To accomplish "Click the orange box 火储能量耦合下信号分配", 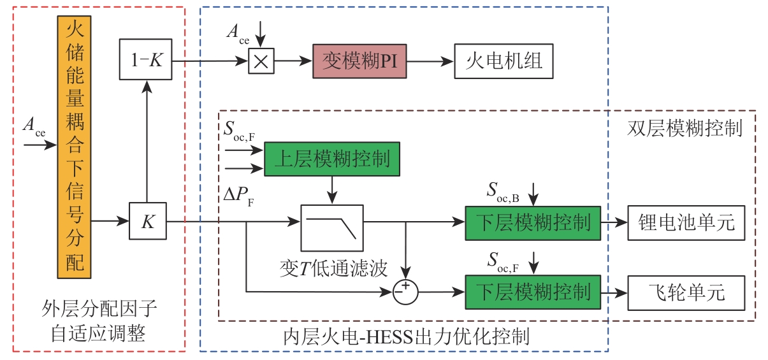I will [75, 146].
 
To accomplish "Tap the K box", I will [147, 222].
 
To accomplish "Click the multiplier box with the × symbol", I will [258, 62].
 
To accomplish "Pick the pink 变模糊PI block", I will [359, 61].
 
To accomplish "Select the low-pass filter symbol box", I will [331, 227].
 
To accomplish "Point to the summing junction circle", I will [406, 292].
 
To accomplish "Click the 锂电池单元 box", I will [686, 222].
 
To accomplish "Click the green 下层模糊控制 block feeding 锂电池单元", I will [532, 222].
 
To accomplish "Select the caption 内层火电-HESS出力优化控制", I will [406, 335].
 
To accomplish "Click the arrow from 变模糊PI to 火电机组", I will [430, 62].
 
